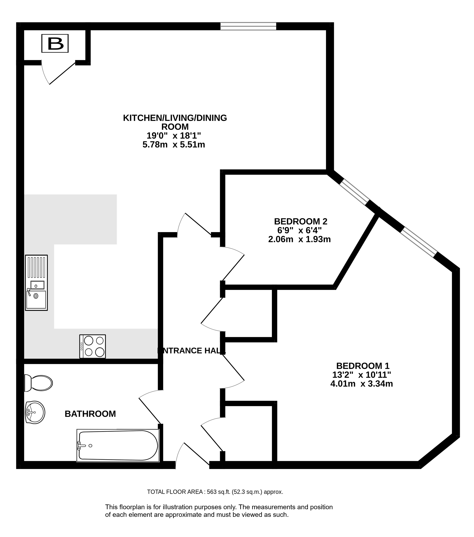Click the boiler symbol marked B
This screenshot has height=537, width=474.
click(x=55, y=43)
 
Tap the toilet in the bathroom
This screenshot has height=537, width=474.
click(x=38, y=383)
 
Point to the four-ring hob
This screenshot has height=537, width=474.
click(x=93, y=346)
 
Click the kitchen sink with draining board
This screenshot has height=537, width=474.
click(x=36, y=283)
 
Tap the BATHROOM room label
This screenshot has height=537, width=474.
click(x=90, y=414)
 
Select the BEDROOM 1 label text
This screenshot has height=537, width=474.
click(x=363, y=366)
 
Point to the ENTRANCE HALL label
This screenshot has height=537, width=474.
click(x=191, y=350)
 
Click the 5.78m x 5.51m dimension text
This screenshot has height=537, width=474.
click(x=174, y=144)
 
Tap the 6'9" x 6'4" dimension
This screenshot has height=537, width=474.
click(x=299, y=230)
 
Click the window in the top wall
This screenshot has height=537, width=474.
click(x=248, y=26)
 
